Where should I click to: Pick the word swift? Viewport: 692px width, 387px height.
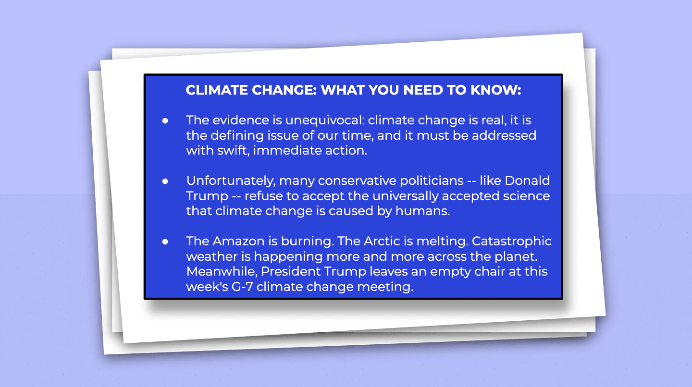click(233, 151)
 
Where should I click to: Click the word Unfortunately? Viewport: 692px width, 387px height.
click(231, 181)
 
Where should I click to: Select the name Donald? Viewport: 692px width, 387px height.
click(527, 181)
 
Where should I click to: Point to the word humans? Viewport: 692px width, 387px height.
click(422, 211)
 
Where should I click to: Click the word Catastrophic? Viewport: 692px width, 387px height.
click(512, 242)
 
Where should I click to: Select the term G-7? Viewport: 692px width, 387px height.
click(242, 287)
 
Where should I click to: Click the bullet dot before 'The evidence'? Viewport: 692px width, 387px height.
click(165, 121)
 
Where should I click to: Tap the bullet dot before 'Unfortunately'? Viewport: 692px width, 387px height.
click(165, 181)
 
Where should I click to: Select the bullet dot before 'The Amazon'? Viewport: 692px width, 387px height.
click(165, 242)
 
